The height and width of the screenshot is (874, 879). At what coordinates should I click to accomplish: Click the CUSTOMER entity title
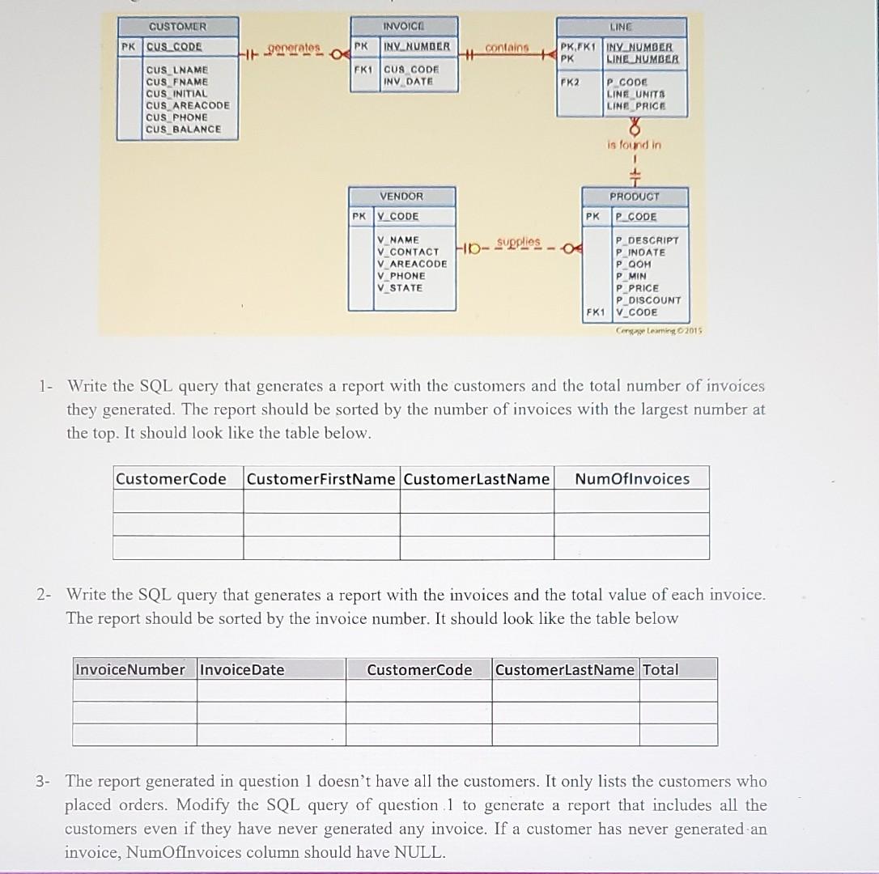177,27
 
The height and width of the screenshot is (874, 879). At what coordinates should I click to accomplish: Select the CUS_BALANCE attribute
183,129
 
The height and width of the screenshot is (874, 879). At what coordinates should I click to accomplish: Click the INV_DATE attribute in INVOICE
408,82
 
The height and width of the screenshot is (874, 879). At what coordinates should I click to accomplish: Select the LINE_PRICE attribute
635,106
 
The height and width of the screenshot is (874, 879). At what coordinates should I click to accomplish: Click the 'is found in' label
634,145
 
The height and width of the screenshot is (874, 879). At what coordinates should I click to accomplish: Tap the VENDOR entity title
401,197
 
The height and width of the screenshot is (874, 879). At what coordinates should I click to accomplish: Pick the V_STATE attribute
400,287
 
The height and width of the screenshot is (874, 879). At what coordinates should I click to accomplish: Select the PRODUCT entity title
635,197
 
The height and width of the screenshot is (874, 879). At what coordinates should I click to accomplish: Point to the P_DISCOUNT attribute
648,300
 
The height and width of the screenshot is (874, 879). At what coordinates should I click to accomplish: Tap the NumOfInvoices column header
632,478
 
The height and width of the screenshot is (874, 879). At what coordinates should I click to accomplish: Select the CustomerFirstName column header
321,478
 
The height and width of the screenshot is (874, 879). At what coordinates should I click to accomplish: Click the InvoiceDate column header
242,669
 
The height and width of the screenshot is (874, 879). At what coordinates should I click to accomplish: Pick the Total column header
660,669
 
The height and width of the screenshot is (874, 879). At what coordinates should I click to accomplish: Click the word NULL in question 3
420,852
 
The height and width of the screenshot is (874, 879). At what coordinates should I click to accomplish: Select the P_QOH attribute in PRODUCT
633,264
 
